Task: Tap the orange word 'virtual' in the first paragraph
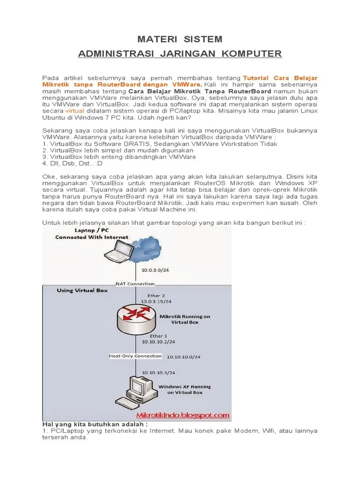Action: click(x=75, y=111)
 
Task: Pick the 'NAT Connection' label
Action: click(x=135, y=284)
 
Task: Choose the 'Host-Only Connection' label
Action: click(x=135, y=356)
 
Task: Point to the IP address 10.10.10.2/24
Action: click(x=159, y=342)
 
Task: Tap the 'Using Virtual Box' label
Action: click(x=82, y=291)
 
